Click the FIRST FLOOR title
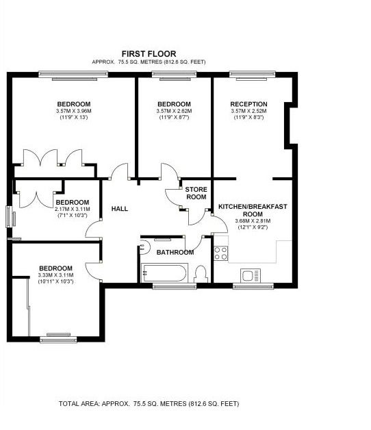(149, 53)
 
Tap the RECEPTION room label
(248, 104)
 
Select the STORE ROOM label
(196, 193)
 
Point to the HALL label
(120, 209)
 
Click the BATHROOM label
(175, 252)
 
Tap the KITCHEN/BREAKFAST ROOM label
(253, 210)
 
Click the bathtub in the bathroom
(164, 273)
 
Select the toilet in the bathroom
(201, 274)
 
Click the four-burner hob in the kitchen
(221, 253)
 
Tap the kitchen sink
(251, 275)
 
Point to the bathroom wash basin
(144, 246)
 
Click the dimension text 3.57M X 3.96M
(73, 111)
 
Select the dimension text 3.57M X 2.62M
(174, 111)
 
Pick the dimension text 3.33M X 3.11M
(56, 275)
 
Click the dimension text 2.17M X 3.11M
(73, 209)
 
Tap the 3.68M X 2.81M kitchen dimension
(253, 221)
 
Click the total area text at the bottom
(149, 404)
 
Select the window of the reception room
(253, 75)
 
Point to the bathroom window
(175, 286)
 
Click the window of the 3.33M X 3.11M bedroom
(58, 338)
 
